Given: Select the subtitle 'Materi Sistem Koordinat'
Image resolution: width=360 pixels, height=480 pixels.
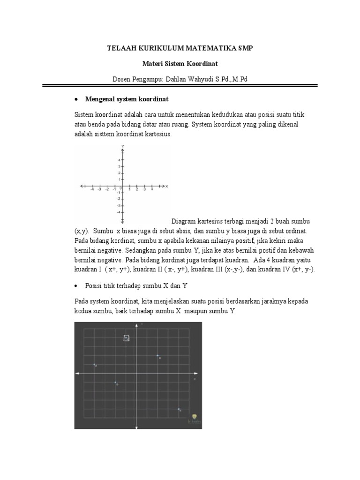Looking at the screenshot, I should tap(180, 63).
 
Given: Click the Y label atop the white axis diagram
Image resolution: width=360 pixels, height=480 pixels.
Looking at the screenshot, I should tap(122, 146).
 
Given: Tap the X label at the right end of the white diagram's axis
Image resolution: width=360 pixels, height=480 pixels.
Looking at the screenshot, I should tap(167, 186).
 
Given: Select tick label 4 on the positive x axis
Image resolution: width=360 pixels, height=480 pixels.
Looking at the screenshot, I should tap(152, 190).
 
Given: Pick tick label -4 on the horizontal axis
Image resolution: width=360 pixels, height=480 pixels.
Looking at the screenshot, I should tap(92, 190).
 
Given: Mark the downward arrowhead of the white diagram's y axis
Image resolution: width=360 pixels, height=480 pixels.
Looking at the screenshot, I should tap(122, 221).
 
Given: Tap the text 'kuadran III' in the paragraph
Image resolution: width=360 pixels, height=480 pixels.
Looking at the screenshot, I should tap(211, 270).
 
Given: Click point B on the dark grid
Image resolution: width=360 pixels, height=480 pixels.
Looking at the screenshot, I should tap(115, 383).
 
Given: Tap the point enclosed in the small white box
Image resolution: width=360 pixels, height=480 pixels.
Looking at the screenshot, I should tap(126, 337).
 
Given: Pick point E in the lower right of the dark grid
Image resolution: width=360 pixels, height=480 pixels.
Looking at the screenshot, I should tap(179, 409).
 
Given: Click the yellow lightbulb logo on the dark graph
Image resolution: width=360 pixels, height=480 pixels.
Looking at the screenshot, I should tap(195, 416).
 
